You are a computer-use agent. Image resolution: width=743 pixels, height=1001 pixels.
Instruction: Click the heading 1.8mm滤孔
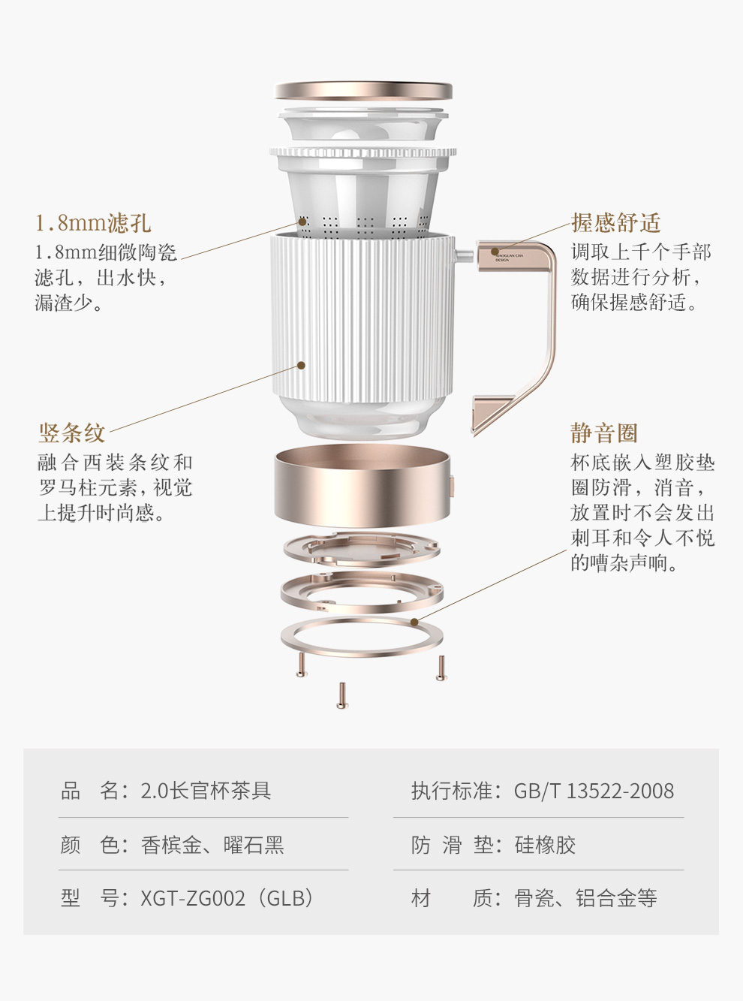point(93,223)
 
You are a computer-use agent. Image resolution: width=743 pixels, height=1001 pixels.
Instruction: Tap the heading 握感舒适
point(615,222)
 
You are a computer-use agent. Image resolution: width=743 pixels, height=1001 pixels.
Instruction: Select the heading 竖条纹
point(72,433)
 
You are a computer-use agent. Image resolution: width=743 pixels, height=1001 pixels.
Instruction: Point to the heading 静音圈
point(604,433)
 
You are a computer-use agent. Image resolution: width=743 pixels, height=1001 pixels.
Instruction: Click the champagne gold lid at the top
point(363,90)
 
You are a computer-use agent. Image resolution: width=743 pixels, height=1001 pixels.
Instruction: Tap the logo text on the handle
point(508,258)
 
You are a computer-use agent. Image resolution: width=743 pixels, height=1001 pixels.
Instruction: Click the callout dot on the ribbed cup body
point(302,365)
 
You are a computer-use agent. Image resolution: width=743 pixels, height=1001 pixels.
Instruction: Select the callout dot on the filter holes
point(302,222)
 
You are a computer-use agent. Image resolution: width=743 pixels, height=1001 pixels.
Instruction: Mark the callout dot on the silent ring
point(414,623)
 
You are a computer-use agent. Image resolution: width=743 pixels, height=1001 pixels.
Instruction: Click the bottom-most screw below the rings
point(342,695)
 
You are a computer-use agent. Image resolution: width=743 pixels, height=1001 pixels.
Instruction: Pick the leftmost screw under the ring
point(302,665)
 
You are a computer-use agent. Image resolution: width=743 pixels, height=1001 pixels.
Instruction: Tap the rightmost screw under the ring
point(441,668)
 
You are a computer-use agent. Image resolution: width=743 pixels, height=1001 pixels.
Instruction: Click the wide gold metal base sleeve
point(362,485)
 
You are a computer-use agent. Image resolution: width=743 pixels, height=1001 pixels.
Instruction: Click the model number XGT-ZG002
point(193,898)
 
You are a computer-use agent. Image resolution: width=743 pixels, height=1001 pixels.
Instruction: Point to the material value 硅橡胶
point(545,845)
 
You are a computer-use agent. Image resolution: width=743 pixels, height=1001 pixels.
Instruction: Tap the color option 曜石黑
point(254,845)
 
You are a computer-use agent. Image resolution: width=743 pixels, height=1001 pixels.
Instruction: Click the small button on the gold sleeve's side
point(451,487)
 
